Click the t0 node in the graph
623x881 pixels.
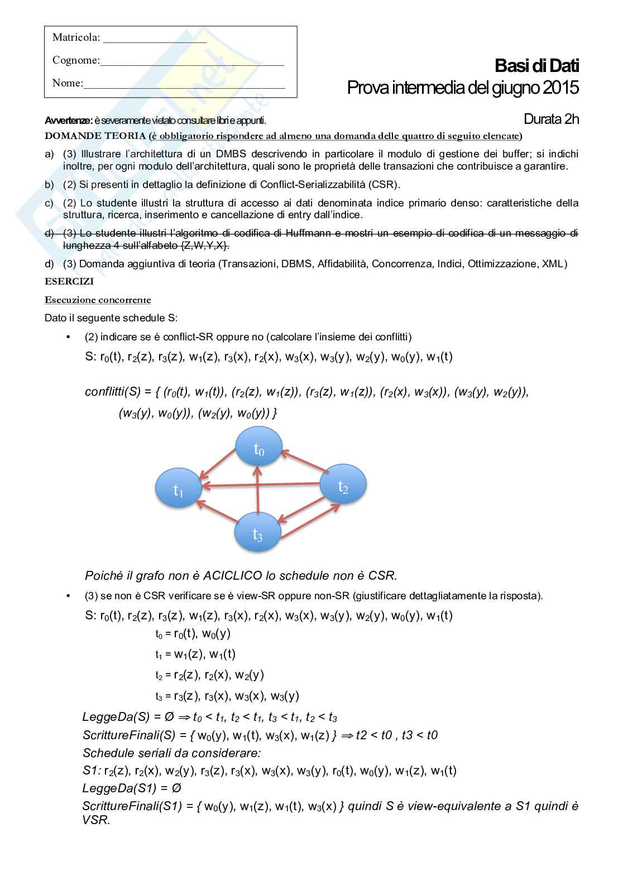(258, 446)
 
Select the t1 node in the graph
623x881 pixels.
(178, 488)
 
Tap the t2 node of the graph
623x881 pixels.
(343, 484)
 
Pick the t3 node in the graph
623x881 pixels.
(257, 532)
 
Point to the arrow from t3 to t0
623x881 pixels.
(257, 491)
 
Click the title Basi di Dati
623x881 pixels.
(536, 66)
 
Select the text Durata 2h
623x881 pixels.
(551, 119)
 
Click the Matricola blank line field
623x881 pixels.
(155, 38)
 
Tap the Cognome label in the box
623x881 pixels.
(75, 60)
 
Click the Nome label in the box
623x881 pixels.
(67, 83)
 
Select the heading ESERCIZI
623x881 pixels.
(69, 282)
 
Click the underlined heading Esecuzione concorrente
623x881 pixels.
(98, 300)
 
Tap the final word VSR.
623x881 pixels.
(95, 820)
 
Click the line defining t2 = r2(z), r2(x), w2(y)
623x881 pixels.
(209, 675)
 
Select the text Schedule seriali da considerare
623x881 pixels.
(171, 753)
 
